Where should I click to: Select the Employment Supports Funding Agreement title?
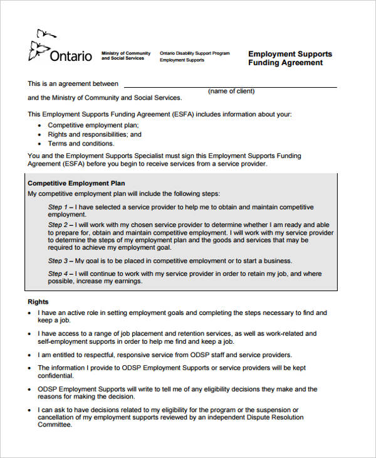pos(290,58)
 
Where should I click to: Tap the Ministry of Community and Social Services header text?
pos(126,56)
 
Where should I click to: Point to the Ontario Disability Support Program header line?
pos(194,53)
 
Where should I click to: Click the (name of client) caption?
pos(231,92)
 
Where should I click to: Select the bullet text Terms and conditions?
pos(81,144)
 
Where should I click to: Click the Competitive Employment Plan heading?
pos(72,183)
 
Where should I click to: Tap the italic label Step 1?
pos(58,207)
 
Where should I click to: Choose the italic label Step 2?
pos(58,225)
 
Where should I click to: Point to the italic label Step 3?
pos(58,261)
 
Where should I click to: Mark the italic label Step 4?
pos(58,274)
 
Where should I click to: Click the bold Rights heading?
pos(38,302)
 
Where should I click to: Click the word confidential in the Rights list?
pos(56,376)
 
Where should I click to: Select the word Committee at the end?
pos(55,425)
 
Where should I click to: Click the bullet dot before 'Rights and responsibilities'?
pos(40,135)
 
